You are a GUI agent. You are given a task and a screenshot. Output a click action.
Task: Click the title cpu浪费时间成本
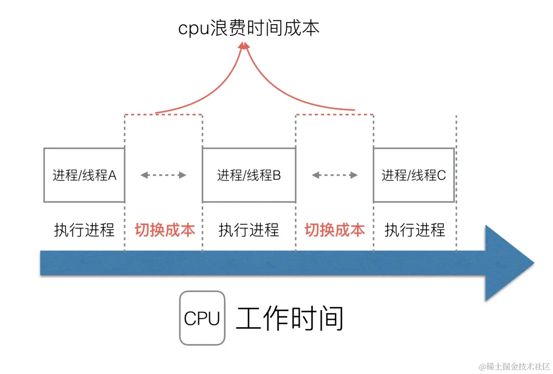point(249,29)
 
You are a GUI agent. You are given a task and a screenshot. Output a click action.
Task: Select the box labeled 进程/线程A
point(84,175)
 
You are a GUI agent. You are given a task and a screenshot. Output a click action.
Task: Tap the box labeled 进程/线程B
point(249,175)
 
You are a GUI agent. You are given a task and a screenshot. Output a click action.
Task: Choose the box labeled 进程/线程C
point(413,175)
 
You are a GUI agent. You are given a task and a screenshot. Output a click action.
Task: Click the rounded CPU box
point(202,318)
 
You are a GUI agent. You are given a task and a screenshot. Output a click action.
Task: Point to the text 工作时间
point(289,318)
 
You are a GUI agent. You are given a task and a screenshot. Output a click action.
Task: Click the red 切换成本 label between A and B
point(165,230)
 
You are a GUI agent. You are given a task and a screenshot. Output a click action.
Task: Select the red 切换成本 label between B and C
point(334,230)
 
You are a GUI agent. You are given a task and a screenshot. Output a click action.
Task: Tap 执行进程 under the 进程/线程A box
point(84,230)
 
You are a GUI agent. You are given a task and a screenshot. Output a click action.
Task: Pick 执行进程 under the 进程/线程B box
point(249,230)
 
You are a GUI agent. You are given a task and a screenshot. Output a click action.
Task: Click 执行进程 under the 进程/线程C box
point(415,230)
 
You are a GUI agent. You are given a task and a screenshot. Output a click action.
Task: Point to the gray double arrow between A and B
point(163,175)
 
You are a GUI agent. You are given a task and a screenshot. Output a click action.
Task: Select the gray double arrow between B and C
point(334,175)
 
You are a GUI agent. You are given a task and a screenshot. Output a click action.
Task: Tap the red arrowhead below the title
point(244,45)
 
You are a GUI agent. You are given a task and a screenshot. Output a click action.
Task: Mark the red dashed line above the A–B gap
point(164,115)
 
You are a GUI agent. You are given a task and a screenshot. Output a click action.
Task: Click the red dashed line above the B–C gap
point(334,115)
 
